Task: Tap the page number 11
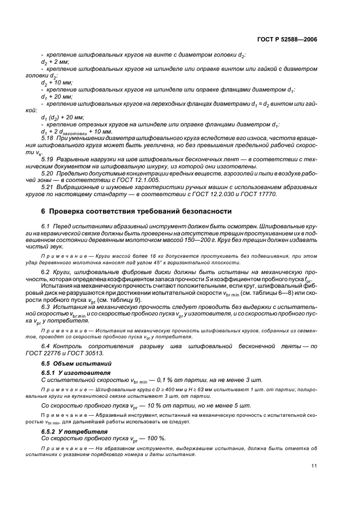click(x=314, y=465)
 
